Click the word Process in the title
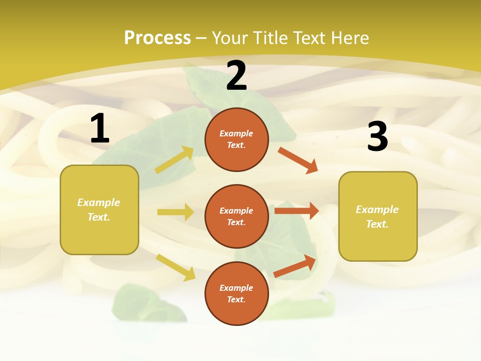(x=157, y=38)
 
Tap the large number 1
(x=100, y=129)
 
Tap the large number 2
(x=236, y=76)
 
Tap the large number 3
(x=377, y=136)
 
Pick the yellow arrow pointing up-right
(x=174, y=160)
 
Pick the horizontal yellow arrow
(x=175, y=212)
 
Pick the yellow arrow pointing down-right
(x=176, y=267)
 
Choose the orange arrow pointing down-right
(x=298, y=160)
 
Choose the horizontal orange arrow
(x=297, y=211)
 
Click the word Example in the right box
(x=377, y=210)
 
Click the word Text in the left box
(x=98, y=218)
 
